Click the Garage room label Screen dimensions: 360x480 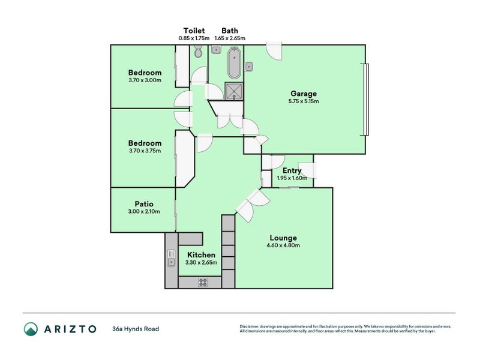coord(304,94)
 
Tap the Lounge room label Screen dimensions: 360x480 coord(283,238)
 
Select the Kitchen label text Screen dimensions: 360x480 coord(201,255)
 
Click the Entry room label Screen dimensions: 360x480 coord(292,170)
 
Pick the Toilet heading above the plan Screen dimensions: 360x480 coord(194,31)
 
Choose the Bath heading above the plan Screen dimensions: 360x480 coord(229,31)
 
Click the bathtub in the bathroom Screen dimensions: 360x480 coord(233,64)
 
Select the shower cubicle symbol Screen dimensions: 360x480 coord(233,91)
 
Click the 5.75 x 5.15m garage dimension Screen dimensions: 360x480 coord(304,101)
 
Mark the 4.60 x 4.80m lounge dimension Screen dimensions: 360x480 coord(283,245)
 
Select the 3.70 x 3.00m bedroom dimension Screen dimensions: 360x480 coord(145,80)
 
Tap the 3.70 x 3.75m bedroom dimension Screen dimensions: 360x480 coord(145,151)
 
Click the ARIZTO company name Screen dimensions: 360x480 coord(69,329)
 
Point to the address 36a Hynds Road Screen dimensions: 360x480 coord(135,329)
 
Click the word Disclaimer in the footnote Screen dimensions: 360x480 coord(251,327)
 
